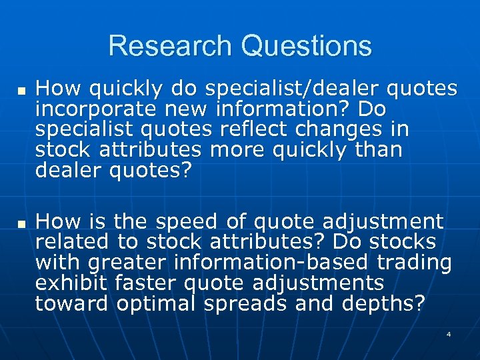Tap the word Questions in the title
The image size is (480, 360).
click(307, 46)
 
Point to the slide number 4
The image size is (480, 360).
click(449, 333)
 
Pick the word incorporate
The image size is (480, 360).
click(95, 108)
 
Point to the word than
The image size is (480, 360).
click(379, 150)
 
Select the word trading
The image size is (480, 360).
click(414, 263)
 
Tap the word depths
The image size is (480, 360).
click(381, 304)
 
